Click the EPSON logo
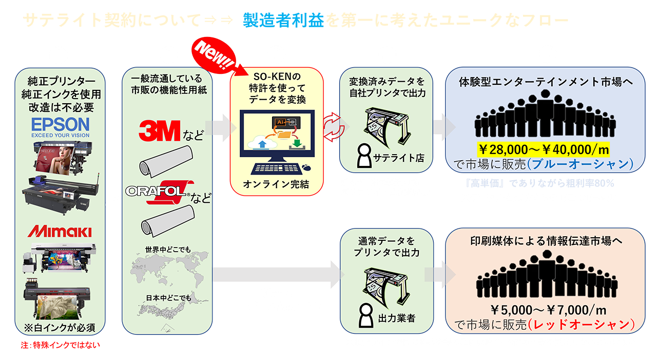[x=60, y=124]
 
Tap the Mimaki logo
[x=60, y=231]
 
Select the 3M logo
[x=160, y=131]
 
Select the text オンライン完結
[x=276, y=184]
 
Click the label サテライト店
[x=400, y=158]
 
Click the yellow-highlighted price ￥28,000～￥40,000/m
[x=544, y=149]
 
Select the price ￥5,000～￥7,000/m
[x=544, y=310]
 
